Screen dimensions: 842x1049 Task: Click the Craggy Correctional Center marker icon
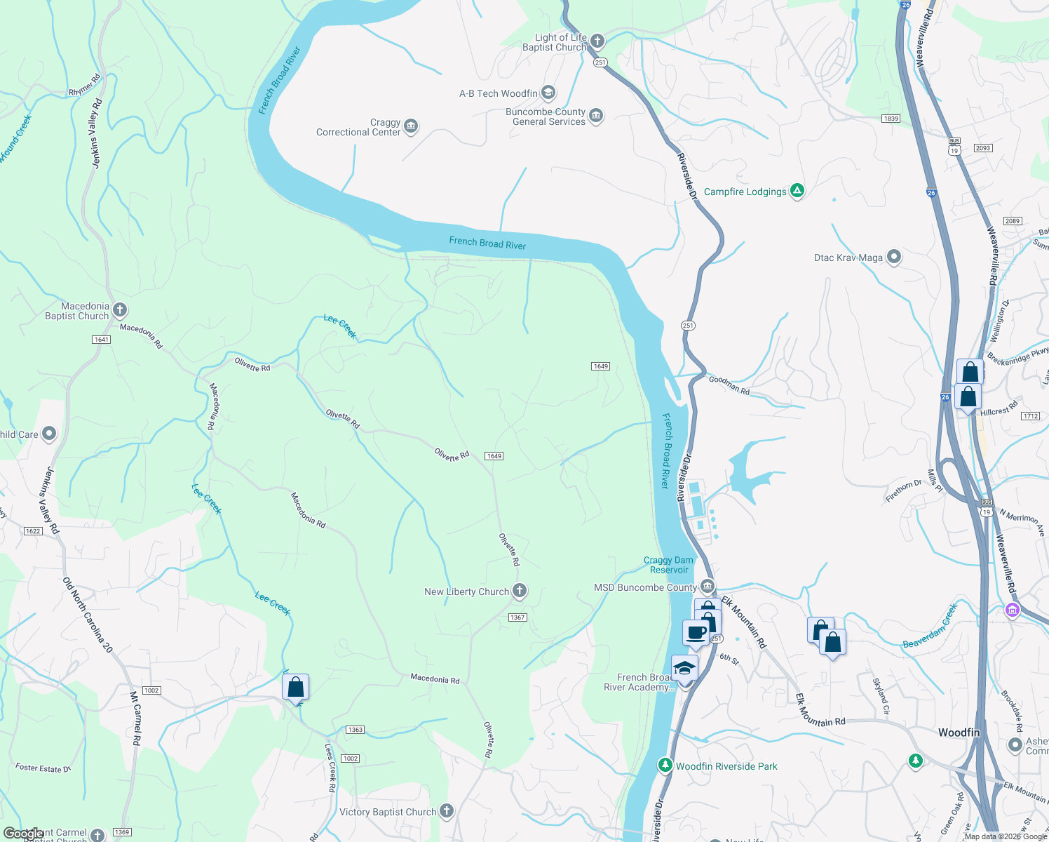[411, 126]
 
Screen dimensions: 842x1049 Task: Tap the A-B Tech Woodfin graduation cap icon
[548, 93]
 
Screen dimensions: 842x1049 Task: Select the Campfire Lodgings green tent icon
[797, 190]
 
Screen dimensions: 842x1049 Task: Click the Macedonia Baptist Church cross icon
[120, 309]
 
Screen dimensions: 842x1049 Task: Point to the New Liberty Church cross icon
[520, 591]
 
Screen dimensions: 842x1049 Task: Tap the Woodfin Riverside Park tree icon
[665, 765]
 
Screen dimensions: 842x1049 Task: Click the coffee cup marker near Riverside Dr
[696, 631]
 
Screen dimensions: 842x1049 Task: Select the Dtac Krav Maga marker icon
[893, 257]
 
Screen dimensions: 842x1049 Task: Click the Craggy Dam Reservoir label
[668, 565]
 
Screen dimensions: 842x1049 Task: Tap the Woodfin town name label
[959, 732]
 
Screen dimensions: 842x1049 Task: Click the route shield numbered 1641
[101, 340]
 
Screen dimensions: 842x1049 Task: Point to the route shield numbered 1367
[517, 617]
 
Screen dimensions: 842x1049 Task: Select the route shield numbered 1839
[891, 119]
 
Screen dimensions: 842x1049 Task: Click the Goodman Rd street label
[729, 385]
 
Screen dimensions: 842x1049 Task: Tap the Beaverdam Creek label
[930, 627]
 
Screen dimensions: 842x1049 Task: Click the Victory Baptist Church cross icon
[446, 811]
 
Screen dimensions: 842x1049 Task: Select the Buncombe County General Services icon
[596, 116]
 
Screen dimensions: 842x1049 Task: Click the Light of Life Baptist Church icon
[597, 41]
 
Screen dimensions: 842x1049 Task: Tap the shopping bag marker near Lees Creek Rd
[295, 686]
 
